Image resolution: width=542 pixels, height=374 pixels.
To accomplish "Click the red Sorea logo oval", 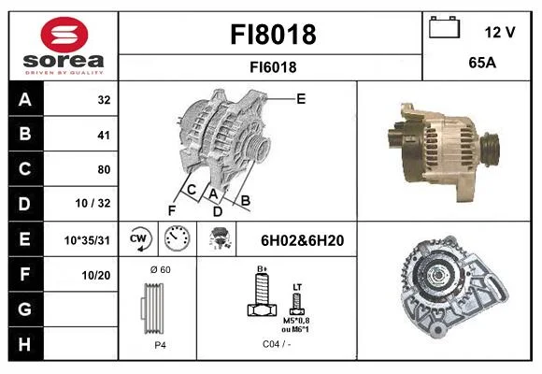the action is click(64, 35).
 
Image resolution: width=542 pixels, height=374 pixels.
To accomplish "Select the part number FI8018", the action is click(273, 35).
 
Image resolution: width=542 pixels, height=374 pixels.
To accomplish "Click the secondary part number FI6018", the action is click(273, 67).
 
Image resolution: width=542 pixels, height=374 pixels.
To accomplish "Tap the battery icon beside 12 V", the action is click(445, 27).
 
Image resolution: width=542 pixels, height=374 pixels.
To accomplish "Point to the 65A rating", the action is click(482, 63).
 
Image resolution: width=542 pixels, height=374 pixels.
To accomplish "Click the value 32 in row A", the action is click(104, 100).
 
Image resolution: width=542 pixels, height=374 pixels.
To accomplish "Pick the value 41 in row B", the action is click(104, 135).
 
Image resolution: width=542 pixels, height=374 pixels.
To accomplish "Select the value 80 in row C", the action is click(104, 169).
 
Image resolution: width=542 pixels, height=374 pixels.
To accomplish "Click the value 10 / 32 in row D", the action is click(93, 203).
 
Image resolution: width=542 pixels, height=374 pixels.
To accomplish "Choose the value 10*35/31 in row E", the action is click(87, 240).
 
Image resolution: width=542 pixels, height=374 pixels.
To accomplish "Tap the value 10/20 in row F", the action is click(96, 276).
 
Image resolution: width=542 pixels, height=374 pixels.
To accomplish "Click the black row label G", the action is click(26, 309).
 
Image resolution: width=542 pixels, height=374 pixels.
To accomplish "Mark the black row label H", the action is click(26, 344).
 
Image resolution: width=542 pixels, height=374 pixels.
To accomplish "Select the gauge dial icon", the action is click(177, 238).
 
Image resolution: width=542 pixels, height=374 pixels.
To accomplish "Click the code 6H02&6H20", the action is click(302, 240).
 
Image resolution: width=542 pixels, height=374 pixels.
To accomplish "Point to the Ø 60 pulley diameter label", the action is click(161, 270).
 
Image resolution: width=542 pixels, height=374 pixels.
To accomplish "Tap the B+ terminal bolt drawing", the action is click(262, 295).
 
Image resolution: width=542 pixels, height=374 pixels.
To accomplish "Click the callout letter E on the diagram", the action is click(301, 99).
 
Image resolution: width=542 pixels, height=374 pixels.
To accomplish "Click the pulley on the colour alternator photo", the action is click(491, 149).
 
